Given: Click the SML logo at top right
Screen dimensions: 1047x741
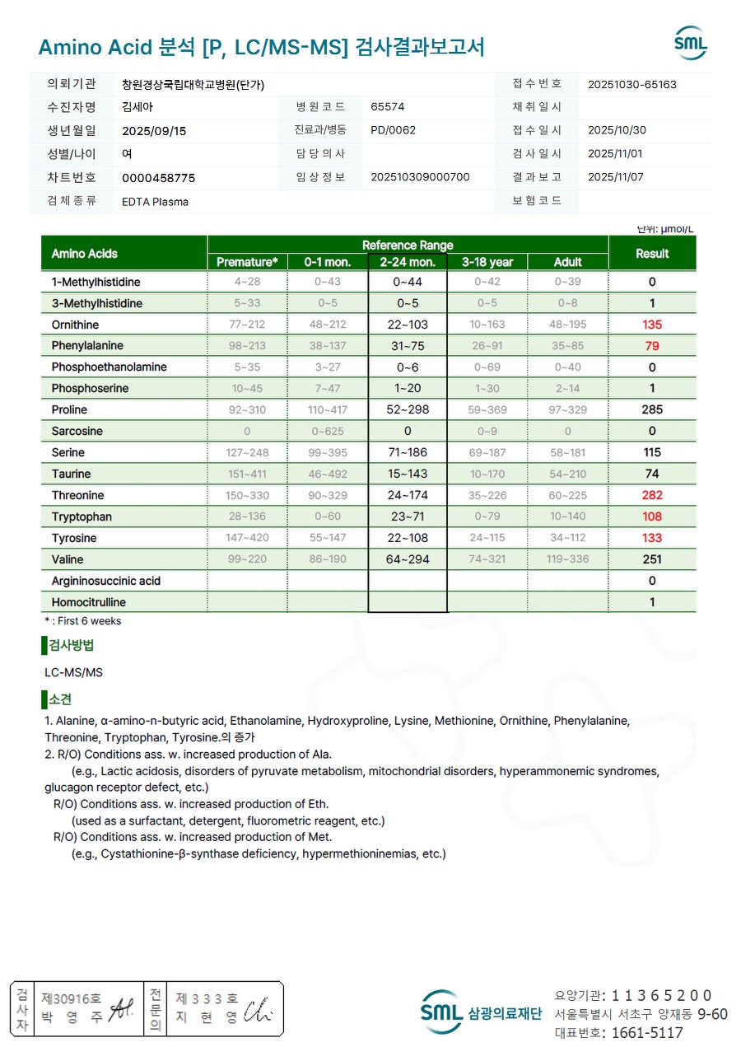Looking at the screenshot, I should tap(690, 44).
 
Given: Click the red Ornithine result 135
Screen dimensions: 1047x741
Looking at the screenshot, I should tap(652, 325).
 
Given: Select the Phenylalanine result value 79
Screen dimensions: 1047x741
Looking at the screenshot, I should tap(652, 346).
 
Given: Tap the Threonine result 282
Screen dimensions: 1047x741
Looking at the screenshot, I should tap(652, 496).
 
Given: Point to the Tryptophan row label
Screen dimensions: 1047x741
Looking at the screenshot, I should tap(82, 517).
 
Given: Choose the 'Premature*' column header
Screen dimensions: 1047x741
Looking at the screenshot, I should tap(247, 262).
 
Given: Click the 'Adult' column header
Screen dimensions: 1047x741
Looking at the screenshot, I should tap(567, 262).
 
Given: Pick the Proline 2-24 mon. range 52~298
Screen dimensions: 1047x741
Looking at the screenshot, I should tap(408, 410).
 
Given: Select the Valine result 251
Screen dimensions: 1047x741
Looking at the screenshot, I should tap(652, 560).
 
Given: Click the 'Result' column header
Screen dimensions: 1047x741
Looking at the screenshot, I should tap(652, 254).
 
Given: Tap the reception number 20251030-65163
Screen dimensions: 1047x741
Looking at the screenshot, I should tap(632, 84).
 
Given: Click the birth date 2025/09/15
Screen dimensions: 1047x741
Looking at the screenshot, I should tap(154, 130).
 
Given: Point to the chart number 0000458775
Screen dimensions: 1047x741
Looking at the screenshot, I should tap(158, 178).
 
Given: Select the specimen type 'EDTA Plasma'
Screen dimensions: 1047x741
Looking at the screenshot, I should tap(155, 202).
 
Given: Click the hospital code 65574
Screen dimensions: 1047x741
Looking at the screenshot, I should tap(388, 107).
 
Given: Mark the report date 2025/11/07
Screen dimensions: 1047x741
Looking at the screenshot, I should tap(616, 177).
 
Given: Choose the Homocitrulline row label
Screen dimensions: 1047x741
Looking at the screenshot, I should tap(88, 603).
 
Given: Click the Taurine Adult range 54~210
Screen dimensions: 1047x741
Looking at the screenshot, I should tap(567, 474).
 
